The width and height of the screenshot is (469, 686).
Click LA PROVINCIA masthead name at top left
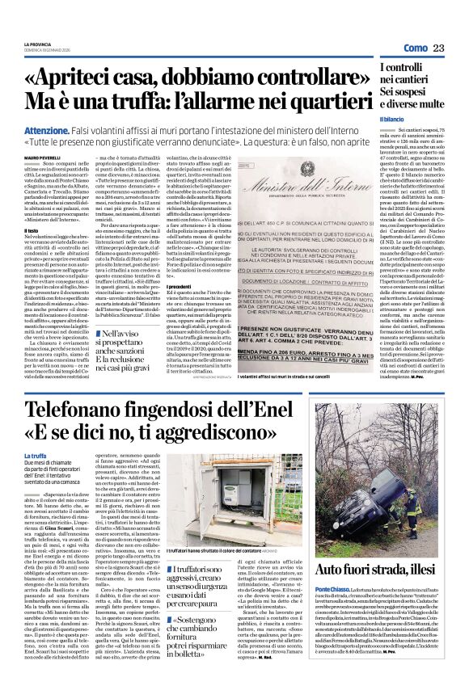40,44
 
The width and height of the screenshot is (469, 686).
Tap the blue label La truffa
35,458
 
